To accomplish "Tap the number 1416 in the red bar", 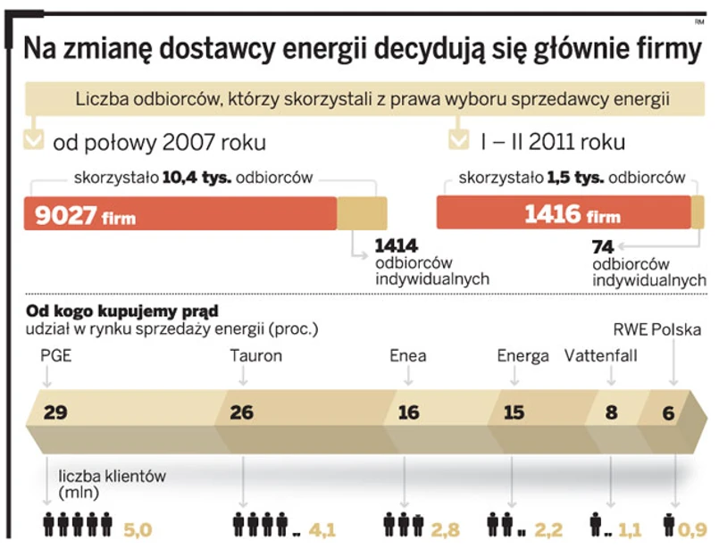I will coord(552,214).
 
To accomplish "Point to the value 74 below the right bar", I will coord(605,247).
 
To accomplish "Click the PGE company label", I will coord(55,356).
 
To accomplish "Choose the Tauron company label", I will coord(255,356).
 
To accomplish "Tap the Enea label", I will coord(408,356).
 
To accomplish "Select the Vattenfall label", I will coord(601,356).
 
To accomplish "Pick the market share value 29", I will coord(55,413).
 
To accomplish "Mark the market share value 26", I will coord(241,413).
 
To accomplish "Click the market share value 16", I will coord(408,413).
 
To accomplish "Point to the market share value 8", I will coord(611,413).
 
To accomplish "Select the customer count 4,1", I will coord(322,530).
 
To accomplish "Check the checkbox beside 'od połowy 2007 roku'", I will coord(33,141).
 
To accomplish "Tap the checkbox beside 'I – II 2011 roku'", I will coord(459,141).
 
